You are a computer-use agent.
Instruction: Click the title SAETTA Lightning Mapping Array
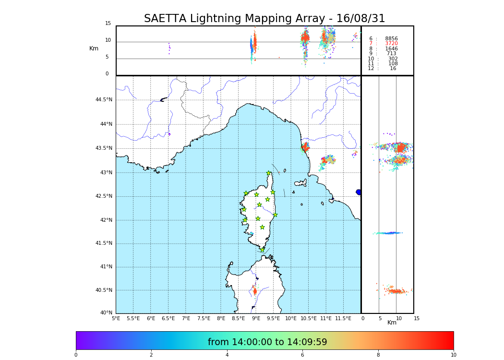point(264,19)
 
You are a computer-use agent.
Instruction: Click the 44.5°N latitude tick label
point(103,100)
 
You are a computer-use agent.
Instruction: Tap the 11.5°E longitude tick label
point(344,318)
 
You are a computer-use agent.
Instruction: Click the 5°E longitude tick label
point(116,318)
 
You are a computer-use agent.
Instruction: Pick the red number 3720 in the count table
point(391,44)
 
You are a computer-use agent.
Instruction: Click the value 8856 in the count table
point(391,39)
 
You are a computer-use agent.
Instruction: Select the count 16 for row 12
point(393,69)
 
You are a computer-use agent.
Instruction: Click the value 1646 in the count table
point(391,49)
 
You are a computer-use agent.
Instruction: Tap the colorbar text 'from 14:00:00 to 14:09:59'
point(267,342)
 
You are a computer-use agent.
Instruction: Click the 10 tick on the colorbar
point(453,355)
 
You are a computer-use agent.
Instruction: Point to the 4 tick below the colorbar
point(227,355)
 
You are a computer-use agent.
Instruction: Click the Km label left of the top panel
point(94,48)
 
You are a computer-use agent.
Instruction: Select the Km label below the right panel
point(392,323)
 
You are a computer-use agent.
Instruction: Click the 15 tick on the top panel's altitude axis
point(108,24)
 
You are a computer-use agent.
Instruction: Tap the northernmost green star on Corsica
point(269,173)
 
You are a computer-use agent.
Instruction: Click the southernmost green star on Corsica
point(262,250)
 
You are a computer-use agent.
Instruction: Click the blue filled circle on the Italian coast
point(359,192)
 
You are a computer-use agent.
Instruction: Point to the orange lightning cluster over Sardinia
point(255,291)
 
